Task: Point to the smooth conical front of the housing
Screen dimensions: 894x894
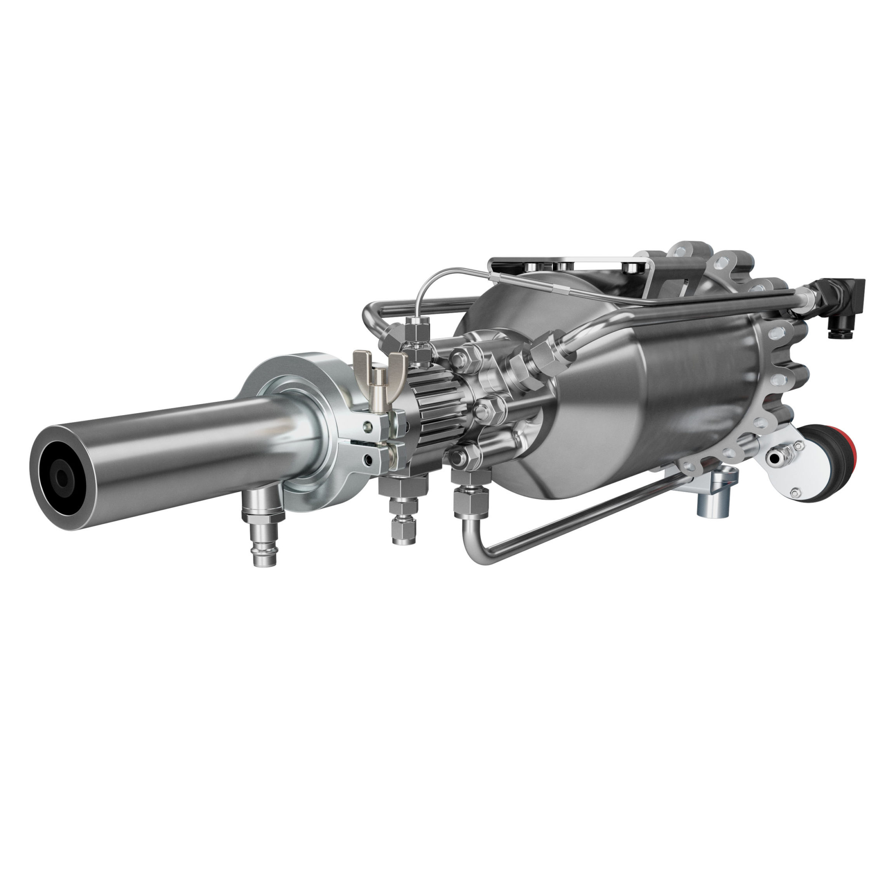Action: tap(597, 403)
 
